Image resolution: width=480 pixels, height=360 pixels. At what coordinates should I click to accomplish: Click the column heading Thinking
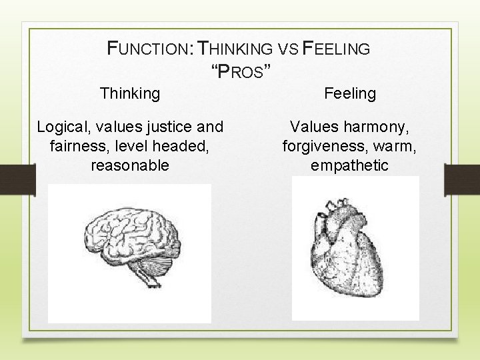[130, 93]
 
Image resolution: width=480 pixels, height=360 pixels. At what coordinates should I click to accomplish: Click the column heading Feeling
[350, 94]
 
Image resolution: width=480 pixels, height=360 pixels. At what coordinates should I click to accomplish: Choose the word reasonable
[130, 165]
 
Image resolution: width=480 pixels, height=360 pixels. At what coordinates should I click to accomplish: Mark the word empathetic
[349, 165]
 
